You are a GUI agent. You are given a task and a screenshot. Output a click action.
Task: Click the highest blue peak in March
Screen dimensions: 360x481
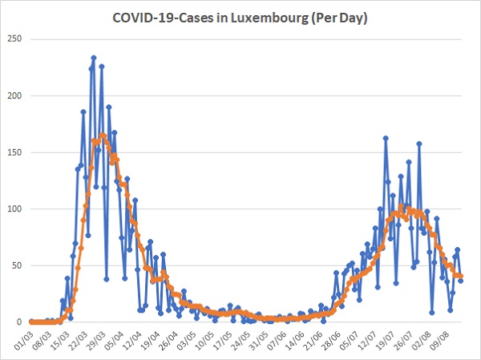point(94,58)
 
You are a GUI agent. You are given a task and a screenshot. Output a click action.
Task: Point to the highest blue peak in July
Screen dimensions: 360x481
point(386,138)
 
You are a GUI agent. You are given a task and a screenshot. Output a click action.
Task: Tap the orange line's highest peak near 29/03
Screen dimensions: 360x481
point(103,135)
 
